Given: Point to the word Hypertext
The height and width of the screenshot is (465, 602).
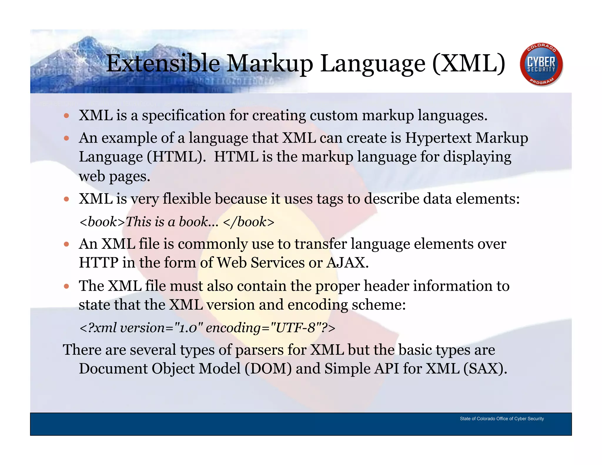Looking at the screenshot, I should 438,138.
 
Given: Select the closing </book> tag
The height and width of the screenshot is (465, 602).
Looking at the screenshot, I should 249,222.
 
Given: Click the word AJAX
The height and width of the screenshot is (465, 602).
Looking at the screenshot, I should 347,262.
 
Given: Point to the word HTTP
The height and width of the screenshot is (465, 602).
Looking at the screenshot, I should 98,262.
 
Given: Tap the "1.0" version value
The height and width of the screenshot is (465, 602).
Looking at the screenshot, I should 189,328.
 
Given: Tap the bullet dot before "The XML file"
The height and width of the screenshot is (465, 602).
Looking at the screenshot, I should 66,286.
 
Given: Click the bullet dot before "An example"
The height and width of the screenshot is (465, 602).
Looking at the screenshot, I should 66,138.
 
